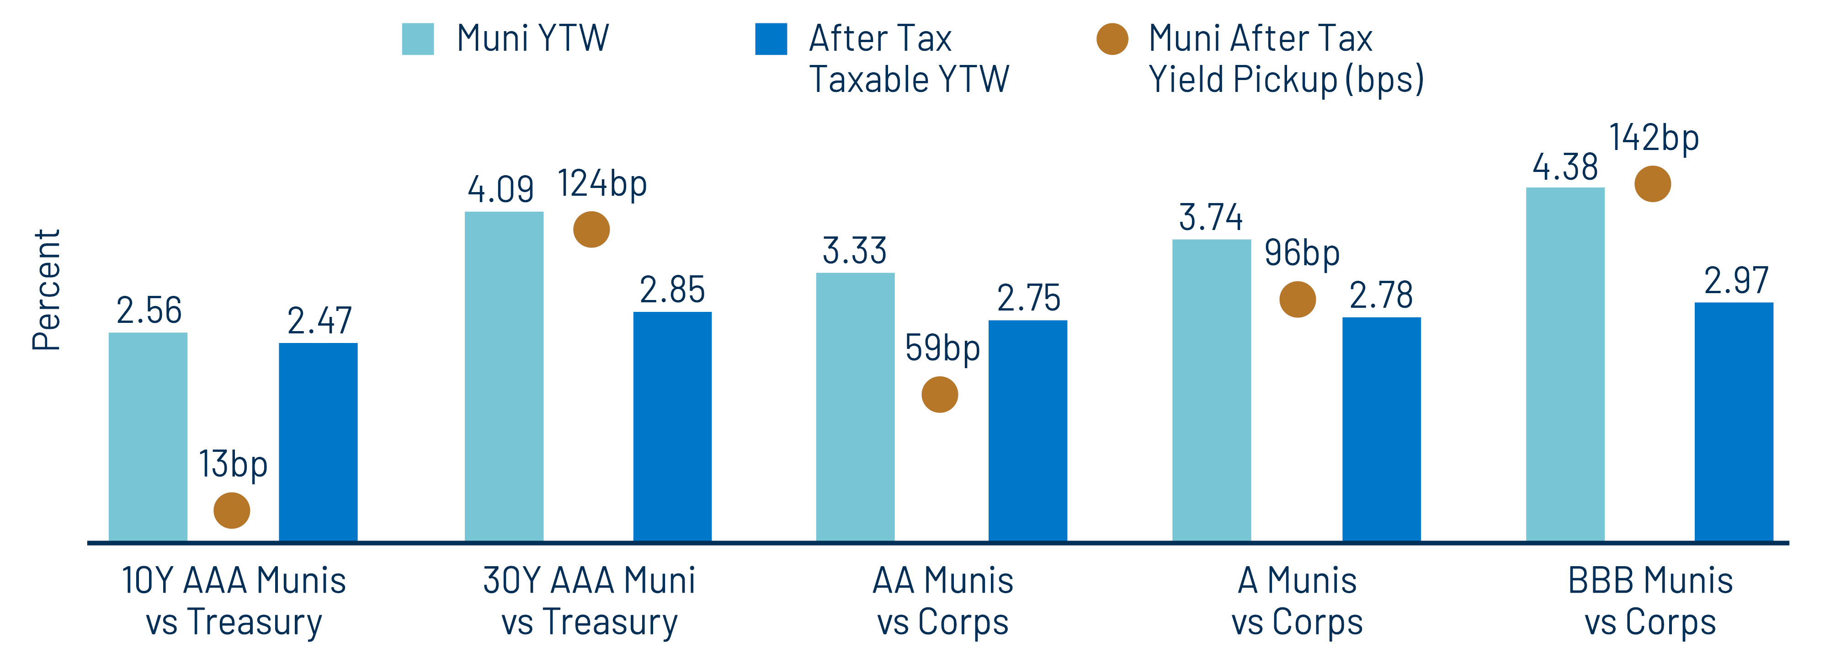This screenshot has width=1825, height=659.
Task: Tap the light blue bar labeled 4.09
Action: tap(504, 376)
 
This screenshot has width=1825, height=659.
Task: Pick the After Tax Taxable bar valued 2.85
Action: tap(671, 427)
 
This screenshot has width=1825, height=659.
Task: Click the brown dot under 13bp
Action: tap(232, 510)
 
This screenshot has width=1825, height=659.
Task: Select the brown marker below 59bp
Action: tap(939, 395)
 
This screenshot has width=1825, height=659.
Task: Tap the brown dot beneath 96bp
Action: tap(1297, 299)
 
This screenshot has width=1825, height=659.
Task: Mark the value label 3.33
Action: tap(854, 251)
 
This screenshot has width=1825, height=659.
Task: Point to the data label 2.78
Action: tap(1381, 295)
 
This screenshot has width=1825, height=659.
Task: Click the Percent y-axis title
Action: tap(47, 290)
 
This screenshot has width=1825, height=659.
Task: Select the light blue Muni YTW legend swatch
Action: tap(418, 39)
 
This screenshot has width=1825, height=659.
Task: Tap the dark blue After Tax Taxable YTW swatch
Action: tap(771, 39)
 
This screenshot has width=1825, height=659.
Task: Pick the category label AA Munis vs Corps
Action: tap(942, 601)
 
